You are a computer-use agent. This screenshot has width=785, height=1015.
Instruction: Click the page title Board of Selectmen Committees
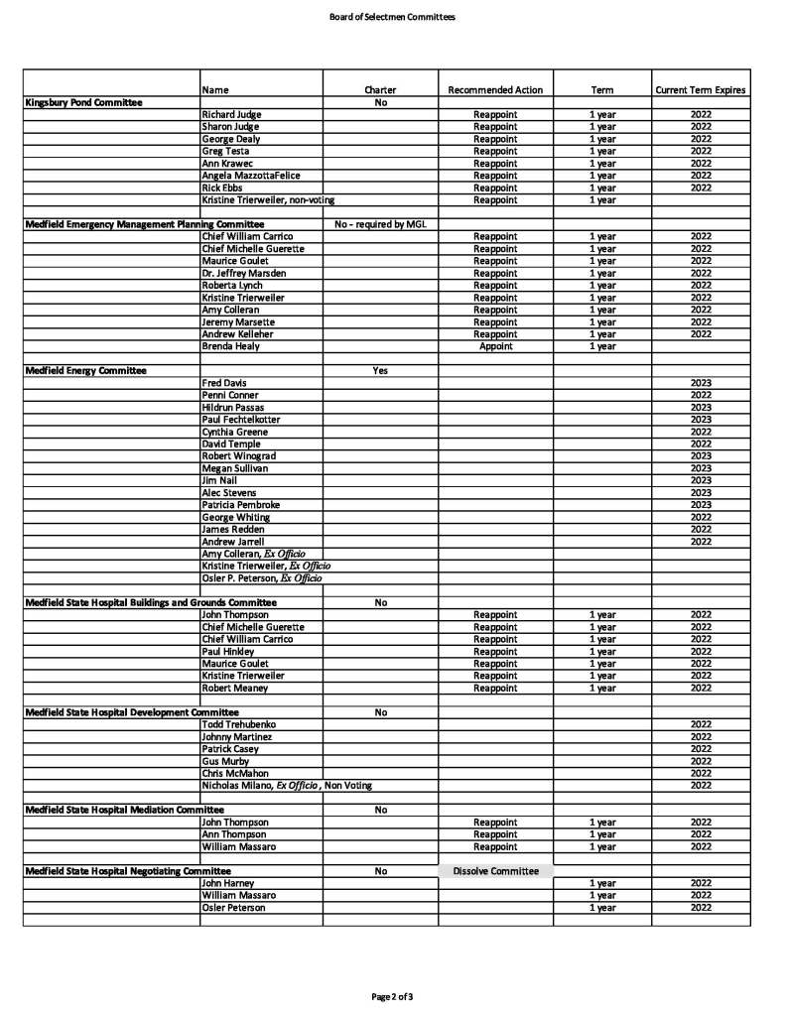(392, 17)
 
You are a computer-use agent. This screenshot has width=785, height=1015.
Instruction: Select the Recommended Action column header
(495, 90)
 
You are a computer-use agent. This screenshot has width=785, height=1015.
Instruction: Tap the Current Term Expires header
(701, 90)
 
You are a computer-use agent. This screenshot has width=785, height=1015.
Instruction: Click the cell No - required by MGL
(380, 224)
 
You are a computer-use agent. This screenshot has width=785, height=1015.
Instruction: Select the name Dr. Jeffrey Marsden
(238, 273)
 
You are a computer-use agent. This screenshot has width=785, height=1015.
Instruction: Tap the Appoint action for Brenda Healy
(495, 346)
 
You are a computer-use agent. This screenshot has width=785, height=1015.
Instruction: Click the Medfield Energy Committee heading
(85, 370)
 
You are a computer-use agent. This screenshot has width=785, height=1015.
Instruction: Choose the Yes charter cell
(380, 370)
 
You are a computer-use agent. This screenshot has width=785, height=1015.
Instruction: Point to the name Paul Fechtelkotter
(242, 420)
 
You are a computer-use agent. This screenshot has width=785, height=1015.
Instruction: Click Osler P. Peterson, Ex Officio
(261, 578)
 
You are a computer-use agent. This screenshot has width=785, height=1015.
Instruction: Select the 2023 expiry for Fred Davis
(701, 383)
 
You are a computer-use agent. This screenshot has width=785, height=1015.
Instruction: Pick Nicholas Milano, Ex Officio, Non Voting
(287, 785)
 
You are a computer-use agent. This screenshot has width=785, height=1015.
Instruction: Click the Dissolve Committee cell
(495, 871)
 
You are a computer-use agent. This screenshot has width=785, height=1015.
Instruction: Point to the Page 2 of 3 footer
(392, 995)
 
